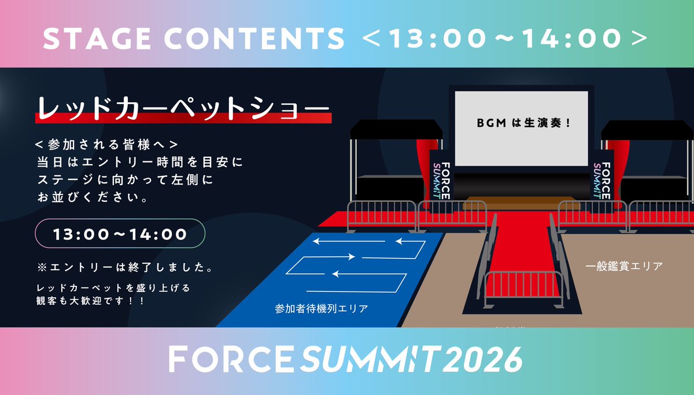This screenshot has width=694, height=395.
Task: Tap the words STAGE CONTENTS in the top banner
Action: [x=193, y=39]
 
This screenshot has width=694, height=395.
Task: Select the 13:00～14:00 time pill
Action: [x=120, y=234]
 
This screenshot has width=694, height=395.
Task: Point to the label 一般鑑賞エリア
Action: [x=623, y=267]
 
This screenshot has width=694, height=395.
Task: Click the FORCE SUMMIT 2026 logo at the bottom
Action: [x=345, y=360]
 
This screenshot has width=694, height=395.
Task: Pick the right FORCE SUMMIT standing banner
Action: [x=602, y=173]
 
